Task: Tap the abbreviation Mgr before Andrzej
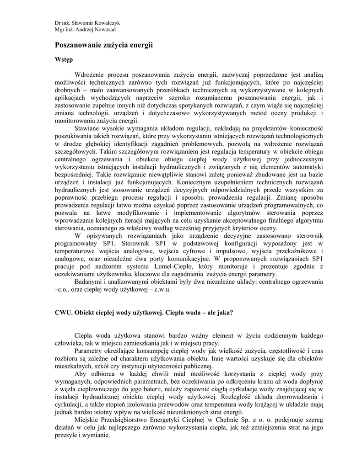click(x=59, y=30)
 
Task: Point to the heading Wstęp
click(x=64, y=60)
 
